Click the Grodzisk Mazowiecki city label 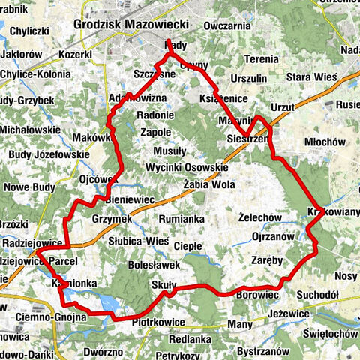pos(131,25)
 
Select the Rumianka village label pos(182,218)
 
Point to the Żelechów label pos(258,217)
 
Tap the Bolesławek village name pos(154,265)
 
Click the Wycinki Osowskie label pos(187,166)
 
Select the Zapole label pos(156,132)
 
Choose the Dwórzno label pos(103,350)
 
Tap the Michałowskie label pos(31,130)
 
